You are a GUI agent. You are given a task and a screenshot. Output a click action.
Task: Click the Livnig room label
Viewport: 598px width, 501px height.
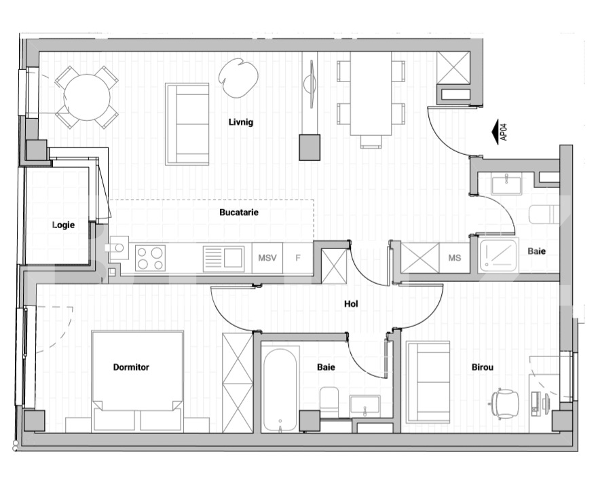coord(241,122)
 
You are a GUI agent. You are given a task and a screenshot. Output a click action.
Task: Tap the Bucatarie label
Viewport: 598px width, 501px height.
coord(239,212)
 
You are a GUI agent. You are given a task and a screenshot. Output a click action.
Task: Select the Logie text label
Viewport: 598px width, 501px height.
coord(63,225)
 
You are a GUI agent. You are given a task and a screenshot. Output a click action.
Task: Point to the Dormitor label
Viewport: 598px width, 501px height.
coord(131,367)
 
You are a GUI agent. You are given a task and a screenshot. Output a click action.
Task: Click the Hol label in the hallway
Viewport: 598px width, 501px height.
coord(351,303)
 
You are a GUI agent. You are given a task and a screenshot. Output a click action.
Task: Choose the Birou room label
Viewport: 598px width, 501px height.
coord(483,367)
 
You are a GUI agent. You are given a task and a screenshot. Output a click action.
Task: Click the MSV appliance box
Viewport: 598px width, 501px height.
coord(267,258)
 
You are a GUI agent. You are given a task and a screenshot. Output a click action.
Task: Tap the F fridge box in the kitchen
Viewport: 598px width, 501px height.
coord(298,258)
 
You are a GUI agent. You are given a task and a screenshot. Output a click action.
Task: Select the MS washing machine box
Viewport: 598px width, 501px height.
coord(455,258)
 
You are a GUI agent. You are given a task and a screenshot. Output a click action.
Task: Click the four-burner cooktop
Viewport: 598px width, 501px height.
coord(150,258)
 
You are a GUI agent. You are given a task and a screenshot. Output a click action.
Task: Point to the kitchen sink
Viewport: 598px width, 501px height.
coord(223,259)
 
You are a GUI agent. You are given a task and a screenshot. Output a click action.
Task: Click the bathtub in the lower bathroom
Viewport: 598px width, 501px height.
coord(280,390)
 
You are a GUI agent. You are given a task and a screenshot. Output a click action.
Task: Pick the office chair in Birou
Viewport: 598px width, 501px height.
coord(504,404)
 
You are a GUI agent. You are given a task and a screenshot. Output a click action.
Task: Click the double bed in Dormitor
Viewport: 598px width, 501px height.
coord(138,382)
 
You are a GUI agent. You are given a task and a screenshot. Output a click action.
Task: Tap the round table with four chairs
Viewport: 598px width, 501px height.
coord(87,97)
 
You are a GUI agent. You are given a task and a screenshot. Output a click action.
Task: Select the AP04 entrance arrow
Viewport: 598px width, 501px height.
coord(500,132)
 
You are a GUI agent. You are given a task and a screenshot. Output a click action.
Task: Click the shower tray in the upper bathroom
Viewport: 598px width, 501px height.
coord(498,255)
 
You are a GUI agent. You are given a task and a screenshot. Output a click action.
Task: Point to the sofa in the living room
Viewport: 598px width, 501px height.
coord(187,124)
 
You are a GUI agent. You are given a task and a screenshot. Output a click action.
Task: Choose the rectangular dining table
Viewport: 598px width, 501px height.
coord(371,94)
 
